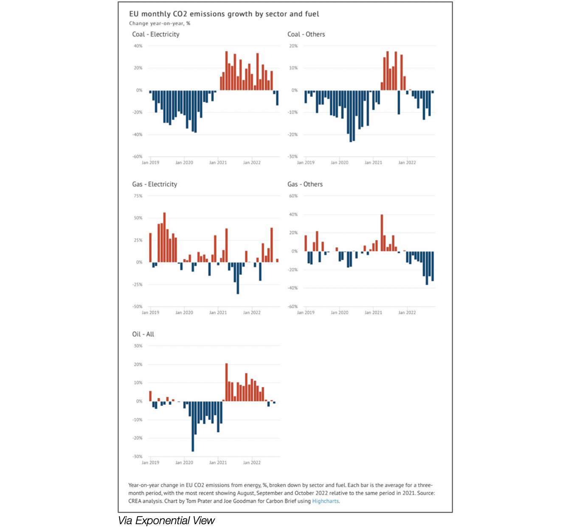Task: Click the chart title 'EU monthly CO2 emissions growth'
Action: [224, 14]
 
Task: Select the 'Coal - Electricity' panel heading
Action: [155, 34]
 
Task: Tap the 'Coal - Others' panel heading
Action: [306, 34]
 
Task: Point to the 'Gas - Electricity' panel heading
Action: [155, 184]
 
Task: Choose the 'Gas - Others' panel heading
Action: [305, 184]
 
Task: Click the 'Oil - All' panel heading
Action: [143, 334]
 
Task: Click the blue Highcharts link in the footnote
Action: [325, 501]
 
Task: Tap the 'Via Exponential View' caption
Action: [166, 520]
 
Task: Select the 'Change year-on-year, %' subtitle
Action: [160, 23]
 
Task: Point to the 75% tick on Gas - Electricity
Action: [138, 196]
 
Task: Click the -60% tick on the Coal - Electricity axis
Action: [137, 157]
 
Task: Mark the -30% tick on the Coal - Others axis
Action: [292, 157]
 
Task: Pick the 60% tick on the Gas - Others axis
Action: [293, 196]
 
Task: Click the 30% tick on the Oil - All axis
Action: [138, 346]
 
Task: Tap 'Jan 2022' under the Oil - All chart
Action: [252, 463]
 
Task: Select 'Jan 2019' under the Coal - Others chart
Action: [306, 163]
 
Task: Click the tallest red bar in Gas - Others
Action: [382, 233]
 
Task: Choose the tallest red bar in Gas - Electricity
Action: [165, 237]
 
